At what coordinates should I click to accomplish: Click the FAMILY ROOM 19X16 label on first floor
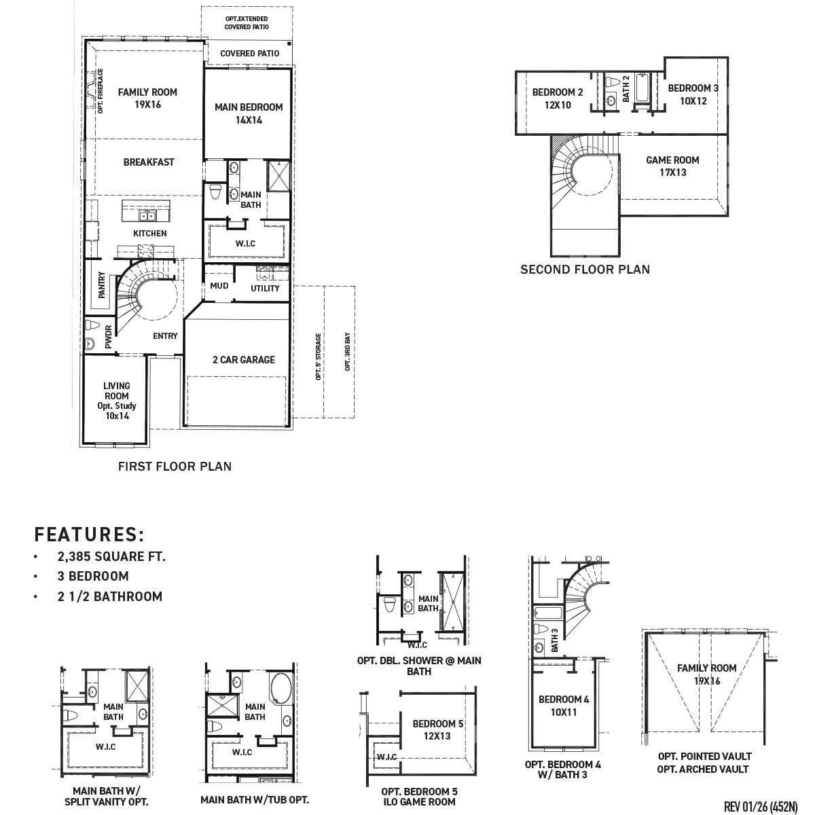coord(147,98)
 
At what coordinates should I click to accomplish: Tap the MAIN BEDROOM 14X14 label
coord(249,113)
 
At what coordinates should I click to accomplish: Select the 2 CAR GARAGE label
coord(243,360)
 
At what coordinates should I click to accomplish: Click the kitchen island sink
coord(147,216)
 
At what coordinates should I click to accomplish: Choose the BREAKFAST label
coord(149,162)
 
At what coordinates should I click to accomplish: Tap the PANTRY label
coord(102,285)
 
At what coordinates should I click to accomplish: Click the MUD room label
coord(219,286)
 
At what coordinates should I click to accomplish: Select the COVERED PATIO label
coord(249,54)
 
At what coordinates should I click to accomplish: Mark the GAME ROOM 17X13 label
coord(672,166)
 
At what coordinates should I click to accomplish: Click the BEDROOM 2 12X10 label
coord(557,99)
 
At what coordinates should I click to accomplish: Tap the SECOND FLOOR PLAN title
coord(585,270)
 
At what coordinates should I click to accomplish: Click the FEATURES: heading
coord(90,535)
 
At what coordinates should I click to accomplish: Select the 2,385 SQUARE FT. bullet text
coord(111,557)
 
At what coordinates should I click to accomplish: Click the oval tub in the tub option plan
coord(280,689)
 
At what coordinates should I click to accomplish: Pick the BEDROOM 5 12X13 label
coord(438,730)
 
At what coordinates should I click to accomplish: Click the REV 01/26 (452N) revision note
coord(760,807)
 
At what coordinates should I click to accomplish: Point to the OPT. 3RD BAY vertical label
coord(347,352)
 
